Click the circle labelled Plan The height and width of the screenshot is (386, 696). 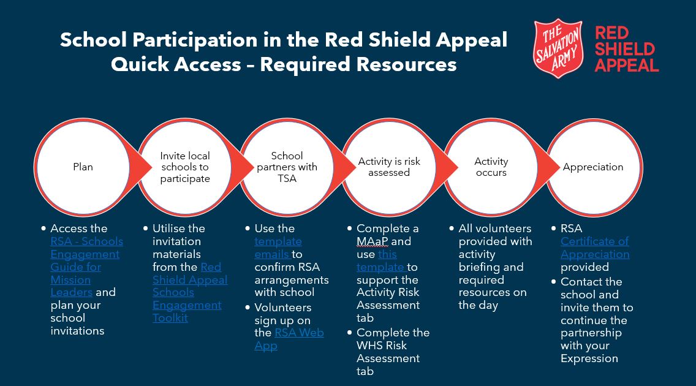(x=83, y=167)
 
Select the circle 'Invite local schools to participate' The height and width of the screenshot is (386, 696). (x=185, y=167)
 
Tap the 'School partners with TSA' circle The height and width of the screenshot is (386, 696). (x=287, y=167)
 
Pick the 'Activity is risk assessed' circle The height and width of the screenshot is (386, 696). (x=388, y=167)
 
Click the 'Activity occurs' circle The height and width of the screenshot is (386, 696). (x=491, y=167)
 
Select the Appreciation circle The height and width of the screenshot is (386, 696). (x=593, y=167)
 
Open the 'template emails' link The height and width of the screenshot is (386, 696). (x=279, y=248)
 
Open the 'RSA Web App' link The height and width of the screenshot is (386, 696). (x=298, y=333)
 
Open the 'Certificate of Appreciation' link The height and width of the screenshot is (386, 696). (x=594, y=248)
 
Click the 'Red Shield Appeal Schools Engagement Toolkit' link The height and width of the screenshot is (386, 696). (x=189, y=292)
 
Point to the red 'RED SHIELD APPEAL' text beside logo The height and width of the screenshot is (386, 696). (x=626, y=49)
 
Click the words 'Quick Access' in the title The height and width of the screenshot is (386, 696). (x=176, y=64)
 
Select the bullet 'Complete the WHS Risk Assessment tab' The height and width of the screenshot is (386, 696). (x=392, y=352)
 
